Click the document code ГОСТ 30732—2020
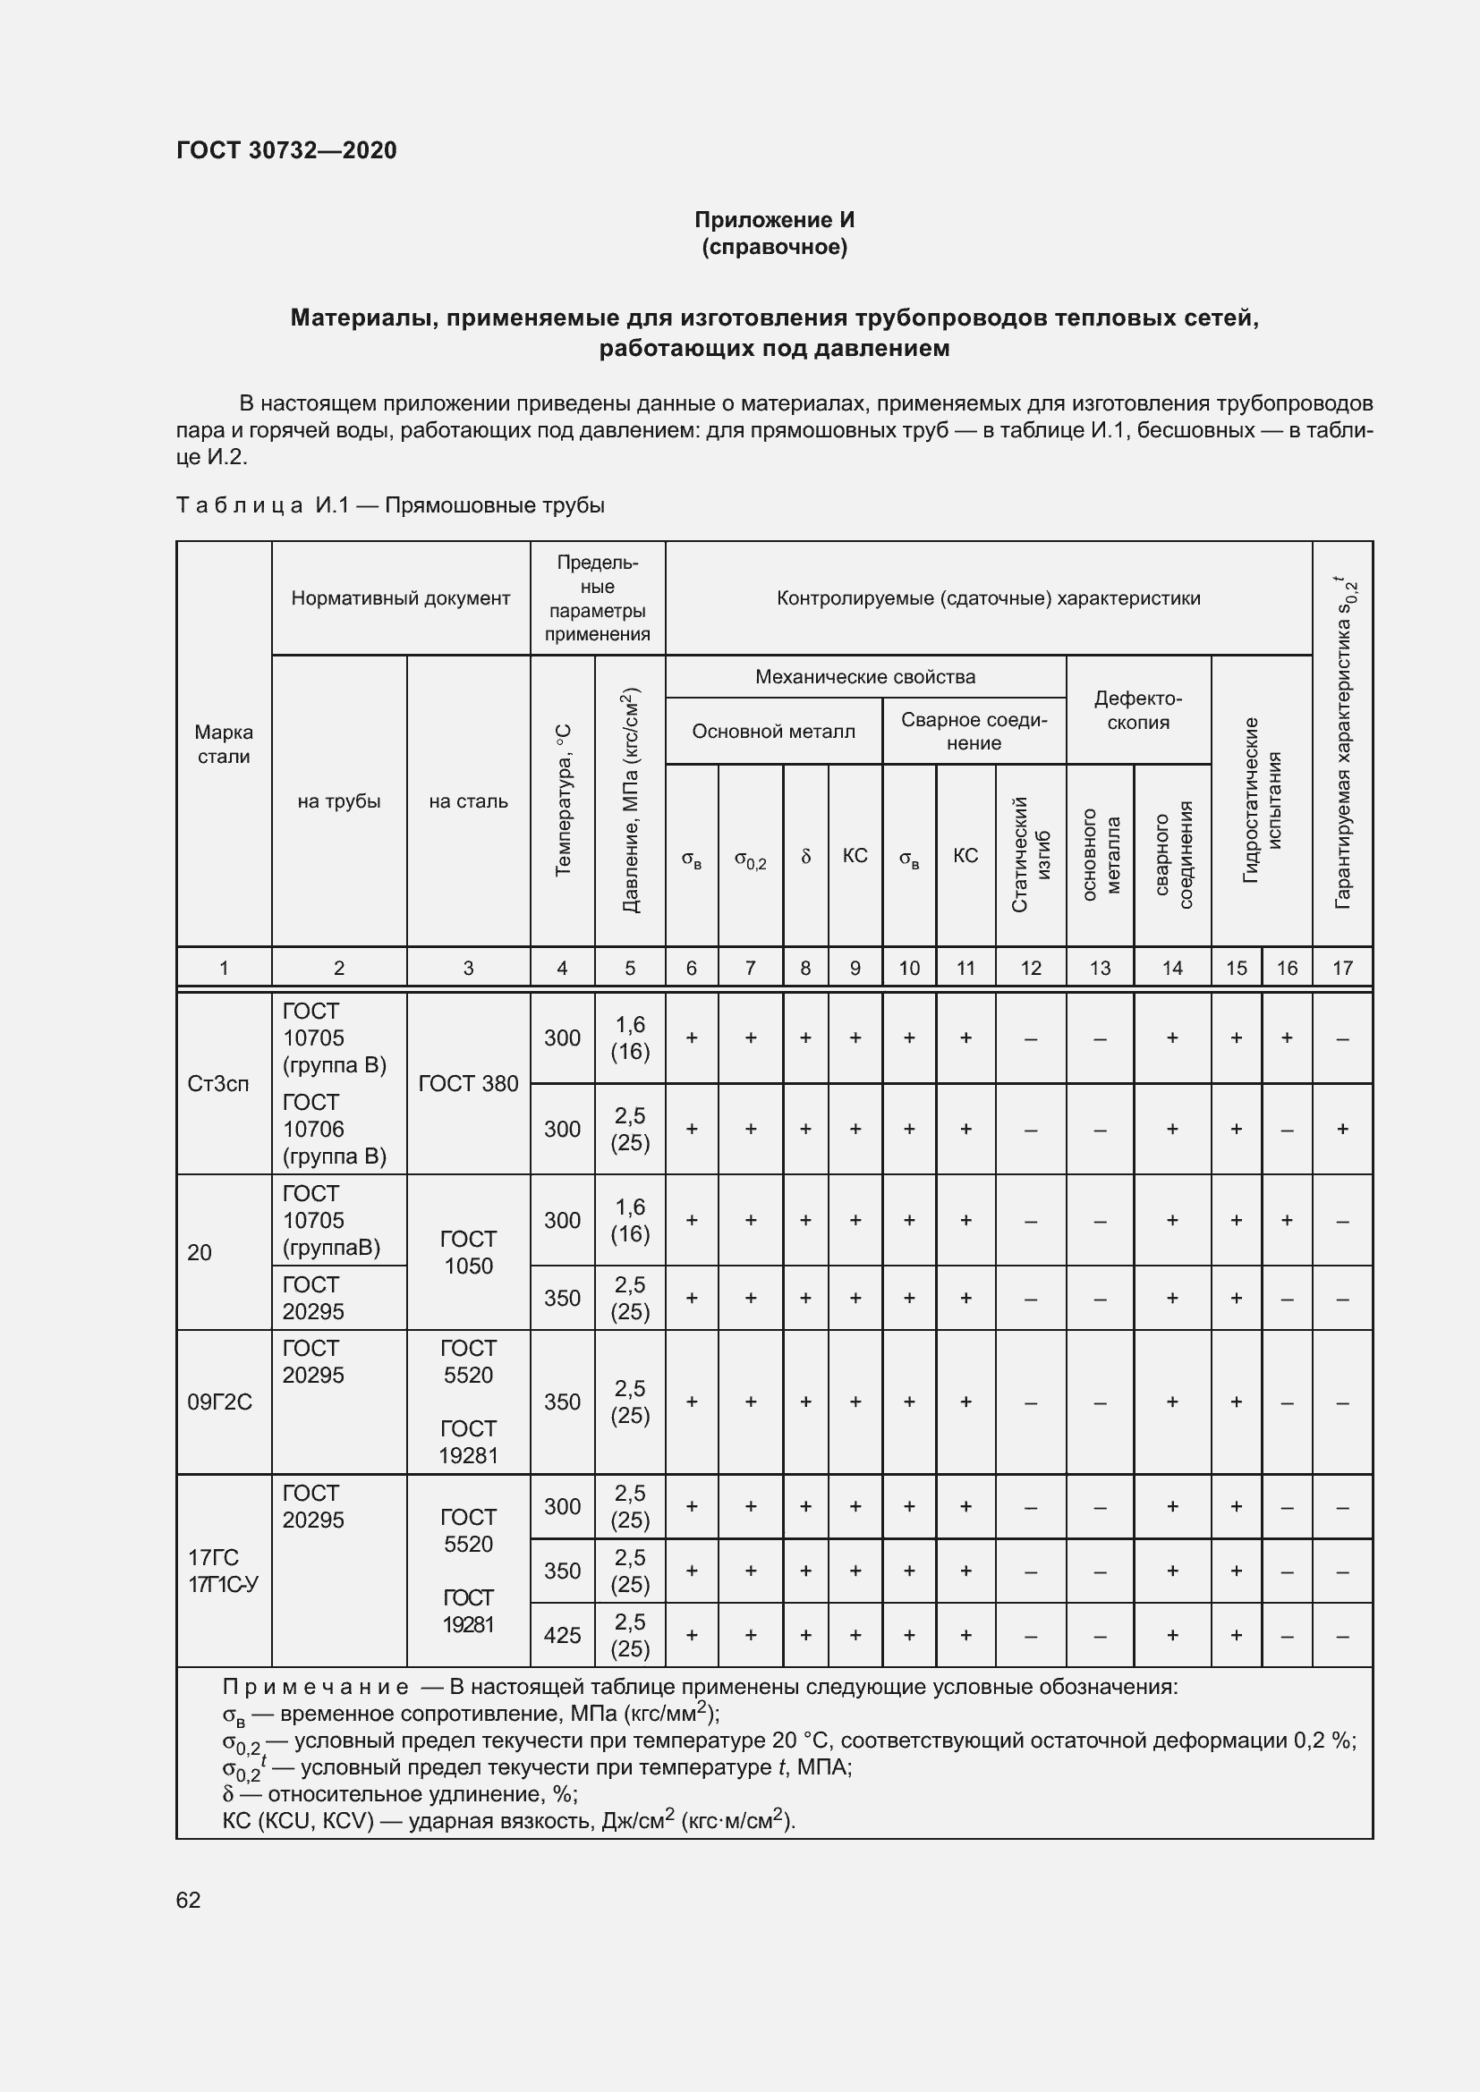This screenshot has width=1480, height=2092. click(x=286, y=150)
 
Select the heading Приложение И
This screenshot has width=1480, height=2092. click(x=774, y=220)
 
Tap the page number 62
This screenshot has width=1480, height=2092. click(x=189, y=1900)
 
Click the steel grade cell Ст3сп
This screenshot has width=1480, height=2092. click(x=217, y=1083)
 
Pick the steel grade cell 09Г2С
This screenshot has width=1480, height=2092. click(x=219, y=1402)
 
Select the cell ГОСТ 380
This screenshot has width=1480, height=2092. click(x=467, y=1083)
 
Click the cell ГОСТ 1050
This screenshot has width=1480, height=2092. click(x=467, y=1252)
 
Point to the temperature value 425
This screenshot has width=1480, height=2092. click(x=561, y=1636)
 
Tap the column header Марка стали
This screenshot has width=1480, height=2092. click(x=224, y=744)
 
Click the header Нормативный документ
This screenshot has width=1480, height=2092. click(x=400, y=598)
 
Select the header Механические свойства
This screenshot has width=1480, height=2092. click(x=865, y=677)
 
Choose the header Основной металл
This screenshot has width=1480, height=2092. click(x=773, y=732)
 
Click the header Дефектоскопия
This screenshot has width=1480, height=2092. click(x=1137, y=711)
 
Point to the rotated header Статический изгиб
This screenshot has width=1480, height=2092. click(x=1031, y=855)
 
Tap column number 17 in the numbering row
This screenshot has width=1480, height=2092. click(x=1341, y=968)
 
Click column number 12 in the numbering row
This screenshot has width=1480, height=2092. click(x=1030, y=968)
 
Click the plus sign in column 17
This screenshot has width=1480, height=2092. click(x=1341, y=1129)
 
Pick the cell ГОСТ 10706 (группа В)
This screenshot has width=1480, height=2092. click(x=334, y=1129)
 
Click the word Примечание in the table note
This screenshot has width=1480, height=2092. click(x=314, y=1687)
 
